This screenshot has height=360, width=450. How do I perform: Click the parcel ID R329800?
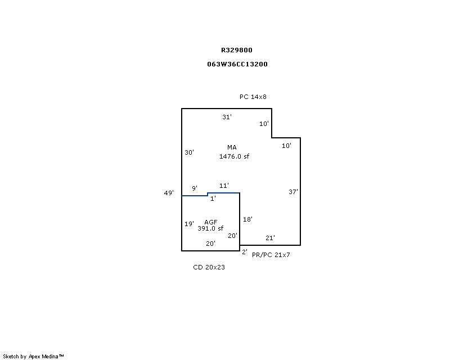pyautogui.click(x=237, y=50)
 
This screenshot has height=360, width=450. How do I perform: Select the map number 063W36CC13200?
pyautogui.click(x=237, y=64)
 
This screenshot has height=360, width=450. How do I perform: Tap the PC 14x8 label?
pyautogui.click(x=253, y=97)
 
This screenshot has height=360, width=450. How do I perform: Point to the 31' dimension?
pyautogui.click(x=227, y=117)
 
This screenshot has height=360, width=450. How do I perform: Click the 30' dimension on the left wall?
pyautogui.click(x=189, y=152)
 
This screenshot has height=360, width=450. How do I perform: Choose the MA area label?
pyautogui.click(x=232, y=147)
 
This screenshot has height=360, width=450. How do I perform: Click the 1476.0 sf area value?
pyautogui.click(x=234, y=156)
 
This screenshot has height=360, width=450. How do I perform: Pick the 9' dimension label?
pyautogui.click(x=195, y=188)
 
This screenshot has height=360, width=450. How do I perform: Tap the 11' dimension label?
pyautogui.click(x=224, y=186)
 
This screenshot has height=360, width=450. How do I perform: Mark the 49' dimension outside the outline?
pyautogui.click(x=169, y=193)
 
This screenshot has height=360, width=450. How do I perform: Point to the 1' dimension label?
pyautogui.click(x=213, y=199)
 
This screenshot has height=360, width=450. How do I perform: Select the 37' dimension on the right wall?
pyautogui.click(x=293, y=192)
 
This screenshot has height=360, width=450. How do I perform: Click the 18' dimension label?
pyautogui.click(x=247, y=219)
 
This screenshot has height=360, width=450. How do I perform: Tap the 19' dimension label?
pyautogui.click(x=189, y=224)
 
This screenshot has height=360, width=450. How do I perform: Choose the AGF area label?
pyautogui.click(x=210, y=222)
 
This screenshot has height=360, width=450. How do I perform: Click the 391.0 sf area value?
pyautogui.click(x=210, y=228)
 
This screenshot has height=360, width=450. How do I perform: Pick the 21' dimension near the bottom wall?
pyautogui.click(x=270, y=238)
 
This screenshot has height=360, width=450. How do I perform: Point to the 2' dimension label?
pyautogui.click(x=245, y=252)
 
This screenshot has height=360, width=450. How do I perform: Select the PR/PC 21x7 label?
pyautogui.click(x=271, y=255)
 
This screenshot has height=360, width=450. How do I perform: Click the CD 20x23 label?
pyautogui.click(x=209, y=267)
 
